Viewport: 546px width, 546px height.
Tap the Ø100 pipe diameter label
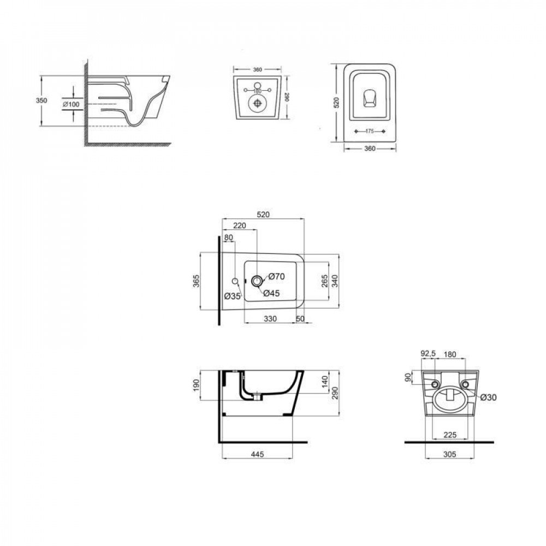[71, 104]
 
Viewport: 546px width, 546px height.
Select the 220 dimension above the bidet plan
[239, 225]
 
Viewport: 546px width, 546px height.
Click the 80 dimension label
[228, 238]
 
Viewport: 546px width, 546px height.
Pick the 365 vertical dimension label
[195, 281]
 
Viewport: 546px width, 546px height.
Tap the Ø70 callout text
[276, 277]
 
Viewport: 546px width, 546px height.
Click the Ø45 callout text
[272, 293]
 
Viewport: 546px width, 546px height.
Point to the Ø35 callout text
[233, 296]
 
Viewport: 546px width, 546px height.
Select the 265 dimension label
[324, 281]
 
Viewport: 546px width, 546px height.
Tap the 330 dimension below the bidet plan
[270, 318]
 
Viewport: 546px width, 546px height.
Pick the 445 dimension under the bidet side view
[258, 454]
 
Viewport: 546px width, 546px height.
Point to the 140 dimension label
[324, 381]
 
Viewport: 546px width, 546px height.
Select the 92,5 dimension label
[428, 355]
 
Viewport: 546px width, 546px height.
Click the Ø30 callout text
[488, 397]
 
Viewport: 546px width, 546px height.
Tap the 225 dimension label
[450, 435]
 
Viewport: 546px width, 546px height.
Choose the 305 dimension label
[450, 454]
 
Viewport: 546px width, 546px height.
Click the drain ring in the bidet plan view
[256, 281]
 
